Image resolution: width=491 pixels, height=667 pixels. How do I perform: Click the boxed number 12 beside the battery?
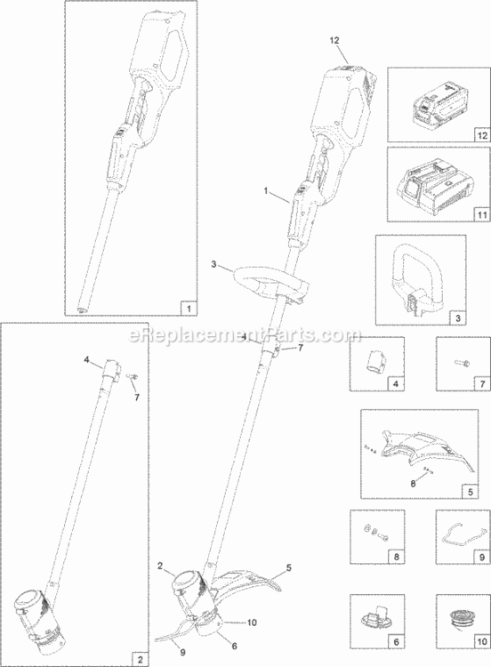481,135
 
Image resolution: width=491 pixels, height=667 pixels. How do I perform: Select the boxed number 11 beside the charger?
481,215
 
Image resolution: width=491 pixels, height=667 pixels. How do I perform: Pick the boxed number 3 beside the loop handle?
458,318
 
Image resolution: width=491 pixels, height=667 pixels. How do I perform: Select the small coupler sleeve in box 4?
375,362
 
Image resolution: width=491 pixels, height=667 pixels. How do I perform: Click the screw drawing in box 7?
462,363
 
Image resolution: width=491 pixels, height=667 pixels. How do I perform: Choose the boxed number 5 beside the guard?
471,492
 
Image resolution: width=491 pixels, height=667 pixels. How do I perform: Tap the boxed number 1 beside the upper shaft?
189,309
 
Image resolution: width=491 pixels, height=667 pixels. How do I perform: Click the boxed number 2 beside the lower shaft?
140,660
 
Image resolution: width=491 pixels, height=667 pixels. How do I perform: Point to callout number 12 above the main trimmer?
334,40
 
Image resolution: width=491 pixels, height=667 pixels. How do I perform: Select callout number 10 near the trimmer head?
252,623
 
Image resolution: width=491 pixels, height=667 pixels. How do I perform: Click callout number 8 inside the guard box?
413,484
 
